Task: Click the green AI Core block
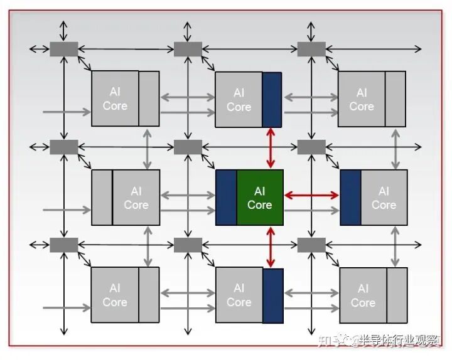(x=260, y=198)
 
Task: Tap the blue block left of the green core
(x=226, y=198)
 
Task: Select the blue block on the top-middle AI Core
(x=272, y=99)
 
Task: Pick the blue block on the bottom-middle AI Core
(x=273, y=295)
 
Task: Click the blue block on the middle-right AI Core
(x=350, y=198)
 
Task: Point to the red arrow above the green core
(x=271, y=148)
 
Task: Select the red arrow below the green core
(x=271, y=246)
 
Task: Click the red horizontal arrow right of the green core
(x=311, y=196)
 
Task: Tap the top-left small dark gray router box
(x=63, y=48)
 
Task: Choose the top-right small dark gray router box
(x=311, y=48)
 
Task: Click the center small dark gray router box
(x=188, y=147)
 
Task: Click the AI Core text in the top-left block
(x=115, y=99)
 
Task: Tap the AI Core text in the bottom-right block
(x=363, y=296)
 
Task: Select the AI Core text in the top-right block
(x=362, y=99)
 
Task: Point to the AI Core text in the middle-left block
(x=136, y=198)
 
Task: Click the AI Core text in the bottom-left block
(x=115, y=295)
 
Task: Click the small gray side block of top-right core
(x=395, y=99)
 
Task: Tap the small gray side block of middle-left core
(x=102, y=198)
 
